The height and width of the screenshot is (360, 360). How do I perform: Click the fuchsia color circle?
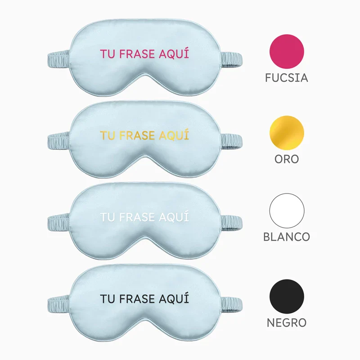287,51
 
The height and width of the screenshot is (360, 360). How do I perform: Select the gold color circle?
287,133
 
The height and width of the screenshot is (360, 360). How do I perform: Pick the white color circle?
287,211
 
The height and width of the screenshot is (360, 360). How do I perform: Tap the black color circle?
287,297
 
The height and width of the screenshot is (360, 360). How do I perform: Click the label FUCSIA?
287,78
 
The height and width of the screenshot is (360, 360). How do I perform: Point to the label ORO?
287,159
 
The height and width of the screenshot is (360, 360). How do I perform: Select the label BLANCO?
287,237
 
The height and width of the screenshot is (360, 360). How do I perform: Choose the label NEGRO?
287,323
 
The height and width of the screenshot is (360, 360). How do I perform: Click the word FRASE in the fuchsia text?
137,54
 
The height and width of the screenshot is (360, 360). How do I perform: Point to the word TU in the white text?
108,217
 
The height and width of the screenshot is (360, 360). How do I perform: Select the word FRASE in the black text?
137,299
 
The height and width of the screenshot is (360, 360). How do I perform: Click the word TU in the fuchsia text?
108,54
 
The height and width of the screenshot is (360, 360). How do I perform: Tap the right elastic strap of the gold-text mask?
231,141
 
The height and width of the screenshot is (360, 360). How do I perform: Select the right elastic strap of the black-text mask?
231,305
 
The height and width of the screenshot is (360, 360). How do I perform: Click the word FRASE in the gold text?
137,135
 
